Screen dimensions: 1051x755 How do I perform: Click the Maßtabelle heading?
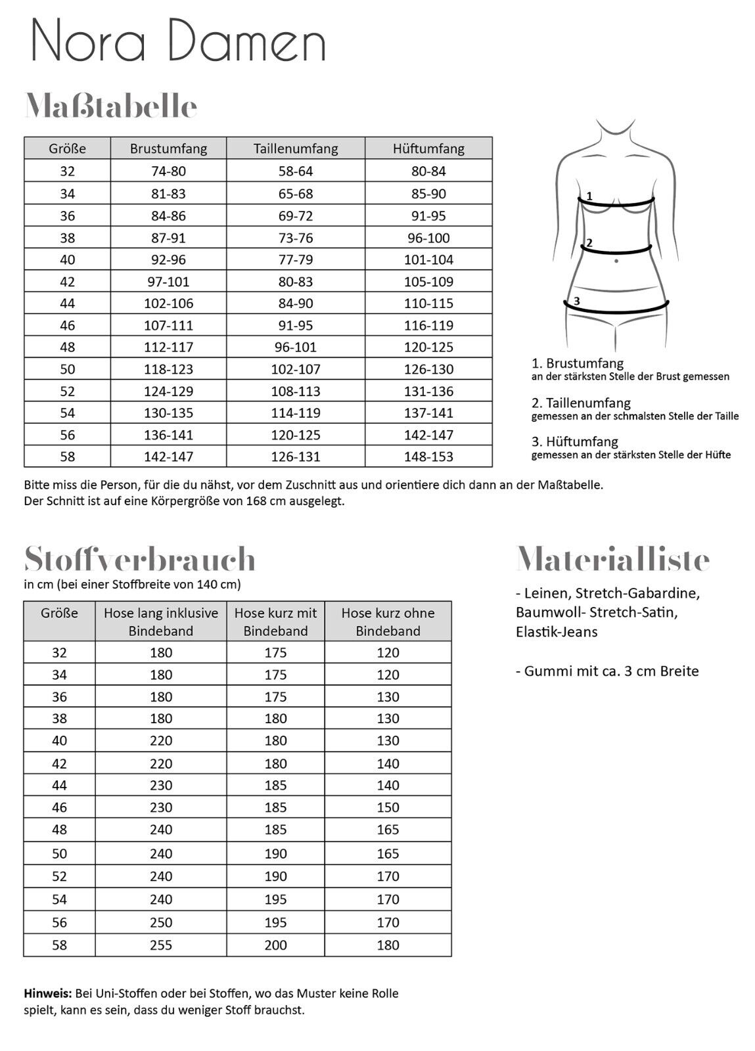click(111, 106)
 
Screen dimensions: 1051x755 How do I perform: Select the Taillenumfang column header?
click(296, 148)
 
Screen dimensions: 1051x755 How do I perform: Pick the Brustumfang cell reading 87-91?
click(168, 238)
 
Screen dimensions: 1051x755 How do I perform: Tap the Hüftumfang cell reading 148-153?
click(428, 457)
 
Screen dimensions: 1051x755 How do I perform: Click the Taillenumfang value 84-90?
click(296, 303)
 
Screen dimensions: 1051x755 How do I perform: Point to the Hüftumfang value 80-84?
click(428, 171)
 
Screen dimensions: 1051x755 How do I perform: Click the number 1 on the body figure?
click(589, 196)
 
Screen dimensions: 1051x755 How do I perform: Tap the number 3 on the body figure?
click(576, 301)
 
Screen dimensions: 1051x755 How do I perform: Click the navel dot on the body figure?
click(616, 261)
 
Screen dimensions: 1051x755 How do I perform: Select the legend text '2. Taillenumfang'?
click(581, 403)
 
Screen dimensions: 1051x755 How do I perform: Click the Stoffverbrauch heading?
click(139, 560)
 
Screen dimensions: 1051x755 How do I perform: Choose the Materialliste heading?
click(612, 560)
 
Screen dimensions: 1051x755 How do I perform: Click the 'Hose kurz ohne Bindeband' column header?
click(388, 621)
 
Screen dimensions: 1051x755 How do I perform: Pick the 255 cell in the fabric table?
click(161, 945)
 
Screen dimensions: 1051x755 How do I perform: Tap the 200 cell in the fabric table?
click(275, 945)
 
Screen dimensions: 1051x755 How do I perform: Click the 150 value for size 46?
click(388, 807)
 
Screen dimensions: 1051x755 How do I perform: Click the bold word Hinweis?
click(48, 993)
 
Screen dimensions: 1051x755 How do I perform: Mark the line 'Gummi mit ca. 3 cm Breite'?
click(607, 671)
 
